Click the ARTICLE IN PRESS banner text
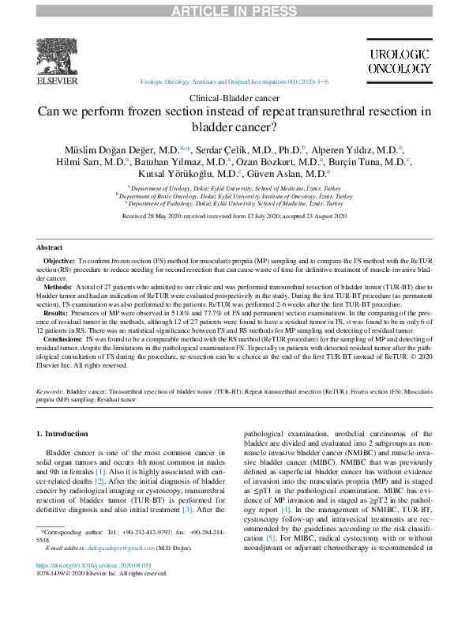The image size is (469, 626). click(234, 9)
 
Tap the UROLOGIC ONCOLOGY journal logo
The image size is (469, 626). click(400, 61)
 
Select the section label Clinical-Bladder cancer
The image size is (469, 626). click(234, 97)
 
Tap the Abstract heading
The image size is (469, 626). click(50, 247)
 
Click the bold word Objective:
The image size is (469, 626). click(58, 259)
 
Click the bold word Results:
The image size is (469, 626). click(55, 313)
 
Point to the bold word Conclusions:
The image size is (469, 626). click(62, 338)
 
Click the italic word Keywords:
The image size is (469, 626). click(51, 391)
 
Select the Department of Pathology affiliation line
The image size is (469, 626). click(235, 202)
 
